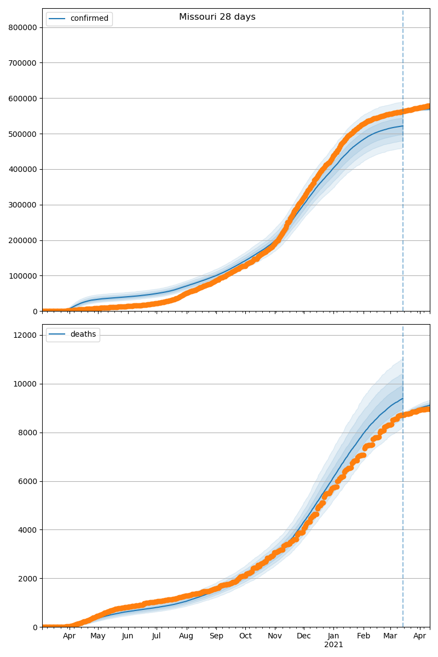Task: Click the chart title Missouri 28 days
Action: (217, 17)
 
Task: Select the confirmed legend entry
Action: (89, 19)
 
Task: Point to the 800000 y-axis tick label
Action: (23, 27)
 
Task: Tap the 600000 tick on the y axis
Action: (23, 99)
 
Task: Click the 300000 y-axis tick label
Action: (23, 205)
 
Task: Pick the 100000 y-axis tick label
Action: (23, 276)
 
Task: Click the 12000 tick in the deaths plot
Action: (25, 335)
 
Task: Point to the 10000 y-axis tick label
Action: (25, 384)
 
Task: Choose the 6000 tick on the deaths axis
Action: (27, 481)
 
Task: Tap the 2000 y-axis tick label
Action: (27, 579)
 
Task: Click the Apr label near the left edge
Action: (69, 636)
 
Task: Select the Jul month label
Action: (156, 636)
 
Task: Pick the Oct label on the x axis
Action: (245, 636)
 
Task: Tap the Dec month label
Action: (304, 636)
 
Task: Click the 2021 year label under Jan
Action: (333, 645)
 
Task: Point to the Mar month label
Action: (390, 636)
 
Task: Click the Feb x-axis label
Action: (364, 636)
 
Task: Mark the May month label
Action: (98, 636)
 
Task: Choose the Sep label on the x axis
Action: (216, 636)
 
